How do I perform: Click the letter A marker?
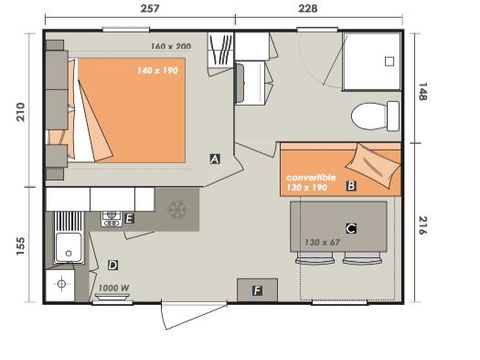coord(215,158)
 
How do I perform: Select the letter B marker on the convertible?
coord(351,185)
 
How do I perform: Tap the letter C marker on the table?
coord(351,228)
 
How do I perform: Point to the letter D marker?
coord(113,265)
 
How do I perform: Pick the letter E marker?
coord(129,217)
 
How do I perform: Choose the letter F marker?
coord(257,291)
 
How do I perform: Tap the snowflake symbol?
coord(177,211)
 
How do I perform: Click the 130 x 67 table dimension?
coord(323,243)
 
